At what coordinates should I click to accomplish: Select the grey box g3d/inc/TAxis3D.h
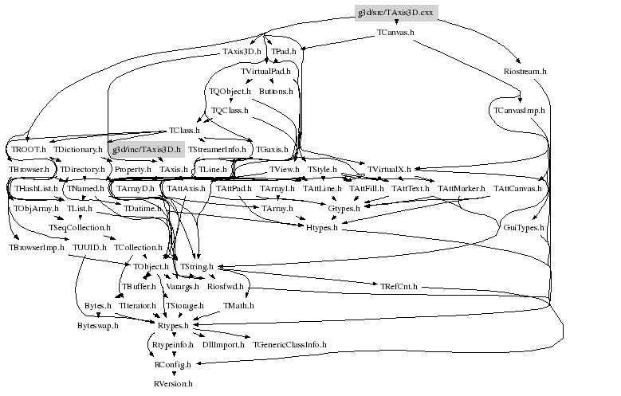coord(146,149)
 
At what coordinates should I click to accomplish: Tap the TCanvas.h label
coord(395,33)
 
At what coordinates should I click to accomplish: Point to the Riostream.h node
coord(525,71)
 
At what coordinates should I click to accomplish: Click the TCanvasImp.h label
coord(518,110)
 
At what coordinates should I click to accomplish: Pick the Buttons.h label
coord(276,92)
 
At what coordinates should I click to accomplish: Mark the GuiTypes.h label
coord(524,228)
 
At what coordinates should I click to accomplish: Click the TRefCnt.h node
coord(399,286)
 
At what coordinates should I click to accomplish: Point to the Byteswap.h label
coord(97,325)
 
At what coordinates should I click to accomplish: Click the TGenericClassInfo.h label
coord(289,344)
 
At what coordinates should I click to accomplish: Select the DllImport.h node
coord(223,344)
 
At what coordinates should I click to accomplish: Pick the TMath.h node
coord(238,305)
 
